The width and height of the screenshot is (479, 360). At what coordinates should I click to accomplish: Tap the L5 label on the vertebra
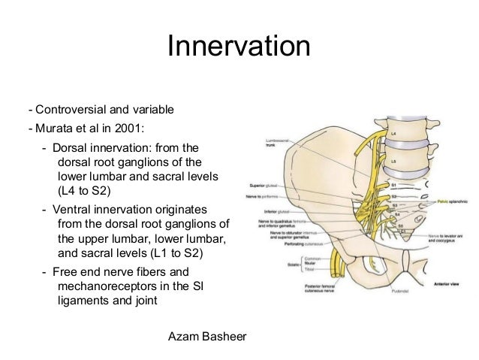point(394,161)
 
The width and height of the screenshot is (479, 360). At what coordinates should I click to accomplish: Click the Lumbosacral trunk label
point(279,144)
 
